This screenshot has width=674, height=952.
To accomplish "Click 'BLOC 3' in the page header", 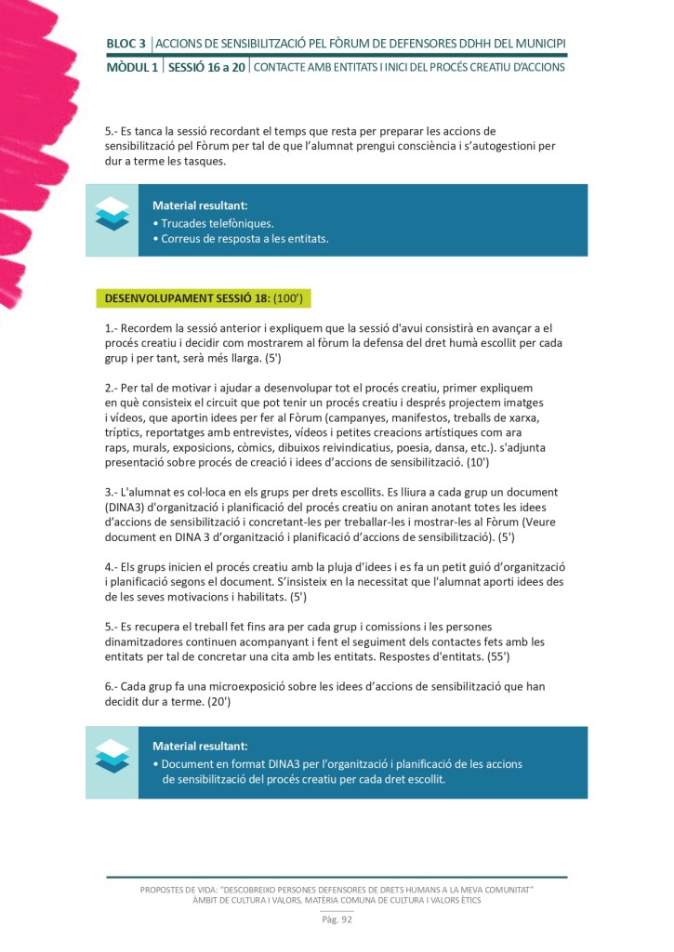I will point(126,43).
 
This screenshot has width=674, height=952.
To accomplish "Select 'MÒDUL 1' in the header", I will point(131,67).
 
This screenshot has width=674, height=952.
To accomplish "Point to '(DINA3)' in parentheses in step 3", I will point(128,506).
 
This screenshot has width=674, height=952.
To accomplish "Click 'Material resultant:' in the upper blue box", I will point(200,205).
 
